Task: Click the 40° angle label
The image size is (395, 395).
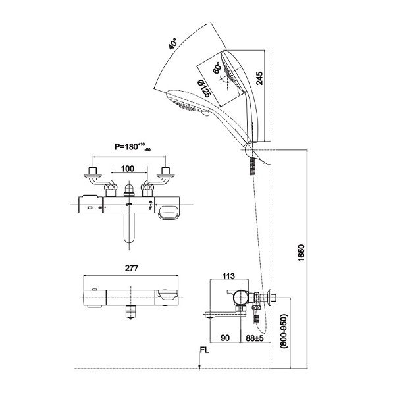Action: point(172,43)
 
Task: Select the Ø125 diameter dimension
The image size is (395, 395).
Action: point(203,88)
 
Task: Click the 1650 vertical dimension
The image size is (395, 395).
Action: point(302,253)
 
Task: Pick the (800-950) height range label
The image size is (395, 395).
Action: point(284,330)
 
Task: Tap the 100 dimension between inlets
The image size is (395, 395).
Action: point(128,169)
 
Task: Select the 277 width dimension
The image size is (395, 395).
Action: point(132,268)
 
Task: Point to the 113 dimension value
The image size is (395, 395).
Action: point(228,276)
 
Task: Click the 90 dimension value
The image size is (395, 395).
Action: point(225,338)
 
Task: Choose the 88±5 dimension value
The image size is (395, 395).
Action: point(255,338)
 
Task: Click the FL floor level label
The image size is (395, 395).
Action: point(205,350)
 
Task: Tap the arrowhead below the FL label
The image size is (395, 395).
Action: point(199,367)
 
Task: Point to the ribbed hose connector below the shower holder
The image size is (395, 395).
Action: point(253,167)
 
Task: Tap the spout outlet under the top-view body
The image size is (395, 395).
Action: point(131,311)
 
